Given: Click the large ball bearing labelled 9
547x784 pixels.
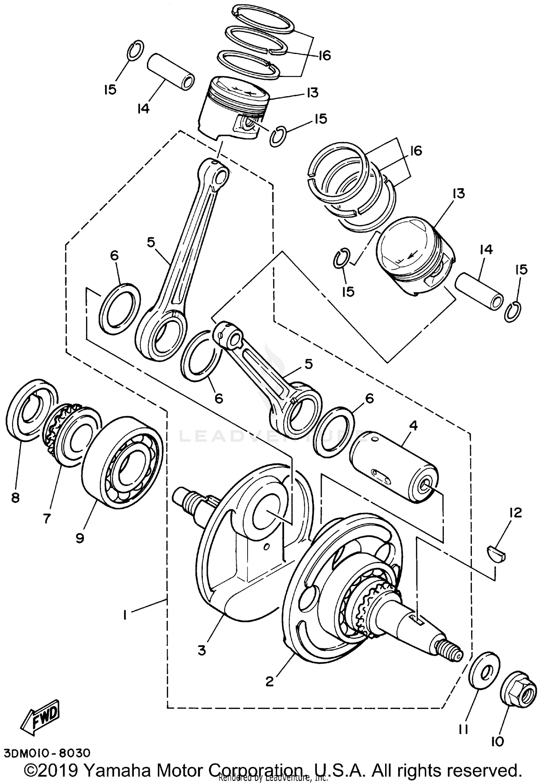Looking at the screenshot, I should coord(122,462).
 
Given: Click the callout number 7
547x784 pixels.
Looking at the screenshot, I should coord(46,518).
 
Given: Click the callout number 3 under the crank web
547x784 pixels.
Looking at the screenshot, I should coord(202,650).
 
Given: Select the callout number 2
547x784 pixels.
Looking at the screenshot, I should coord(269,681).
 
